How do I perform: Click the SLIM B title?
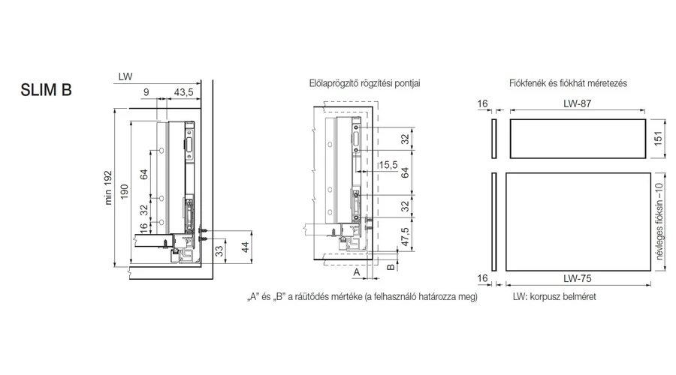(46, 90)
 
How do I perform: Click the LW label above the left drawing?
(125, 77)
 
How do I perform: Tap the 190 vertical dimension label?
(125, 192)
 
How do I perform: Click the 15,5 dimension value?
(388, 164)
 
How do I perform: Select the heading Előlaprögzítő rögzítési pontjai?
(365, 82)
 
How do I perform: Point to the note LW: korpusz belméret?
(555, 297)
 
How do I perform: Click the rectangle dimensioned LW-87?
(576, 138)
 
